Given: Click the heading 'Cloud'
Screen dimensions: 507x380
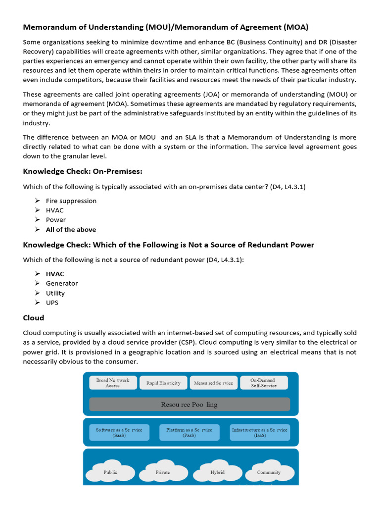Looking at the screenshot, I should point(34,318).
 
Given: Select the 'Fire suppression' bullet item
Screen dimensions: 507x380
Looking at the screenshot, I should point(71,201).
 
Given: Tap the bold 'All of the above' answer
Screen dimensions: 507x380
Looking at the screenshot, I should point(71,229).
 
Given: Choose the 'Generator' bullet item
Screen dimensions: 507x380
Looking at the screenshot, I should point(62,283).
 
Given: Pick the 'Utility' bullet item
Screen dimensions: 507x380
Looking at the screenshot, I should point(55,293).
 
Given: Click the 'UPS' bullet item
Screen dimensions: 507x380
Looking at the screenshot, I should point(52,303).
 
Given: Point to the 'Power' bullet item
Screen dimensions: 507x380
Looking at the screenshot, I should point(56,220).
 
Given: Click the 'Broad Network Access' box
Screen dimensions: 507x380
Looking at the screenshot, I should point(112,383).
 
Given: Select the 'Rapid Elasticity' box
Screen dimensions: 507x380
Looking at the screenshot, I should point(163,383).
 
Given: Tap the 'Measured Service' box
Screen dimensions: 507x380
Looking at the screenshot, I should point(213,383).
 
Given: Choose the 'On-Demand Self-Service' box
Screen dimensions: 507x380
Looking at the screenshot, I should point(263,383).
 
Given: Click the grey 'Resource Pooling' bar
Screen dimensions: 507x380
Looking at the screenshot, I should point(190,405).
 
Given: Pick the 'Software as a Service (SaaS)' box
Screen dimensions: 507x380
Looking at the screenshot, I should point(119,432).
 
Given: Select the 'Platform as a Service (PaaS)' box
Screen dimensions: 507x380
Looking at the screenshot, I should point(189,432).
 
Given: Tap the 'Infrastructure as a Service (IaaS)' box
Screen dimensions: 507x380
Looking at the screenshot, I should point(259,432).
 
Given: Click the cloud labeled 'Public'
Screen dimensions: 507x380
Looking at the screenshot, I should point(111,472).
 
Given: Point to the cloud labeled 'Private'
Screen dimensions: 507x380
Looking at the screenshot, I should point(163,472).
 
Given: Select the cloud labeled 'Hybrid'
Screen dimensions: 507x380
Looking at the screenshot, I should point(217,472).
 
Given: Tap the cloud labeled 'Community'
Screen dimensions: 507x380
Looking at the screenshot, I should point(269,472).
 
